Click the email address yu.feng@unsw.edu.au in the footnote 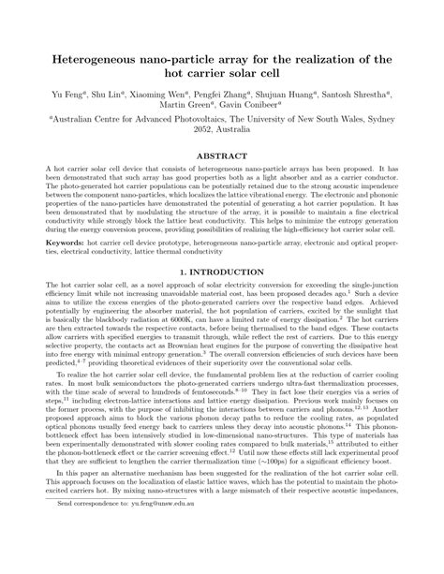pyautogui.click(x=155, y=555)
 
